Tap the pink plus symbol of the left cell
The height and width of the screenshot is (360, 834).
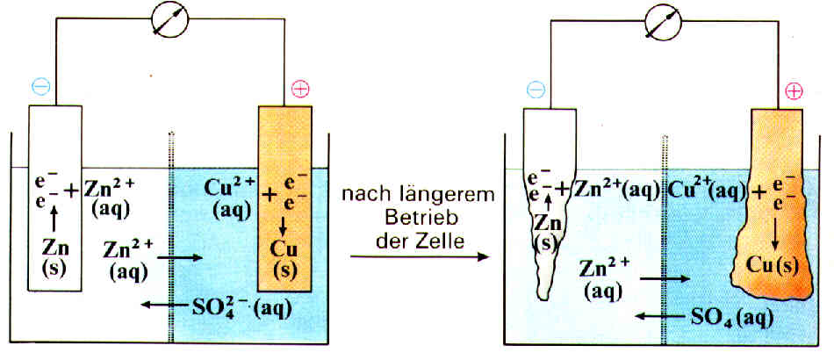point(301,88)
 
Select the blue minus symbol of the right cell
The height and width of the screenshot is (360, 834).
point(536,87)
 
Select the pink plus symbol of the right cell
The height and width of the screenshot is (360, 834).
point(794,91)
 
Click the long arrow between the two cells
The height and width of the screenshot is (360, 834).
point(418,256)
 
